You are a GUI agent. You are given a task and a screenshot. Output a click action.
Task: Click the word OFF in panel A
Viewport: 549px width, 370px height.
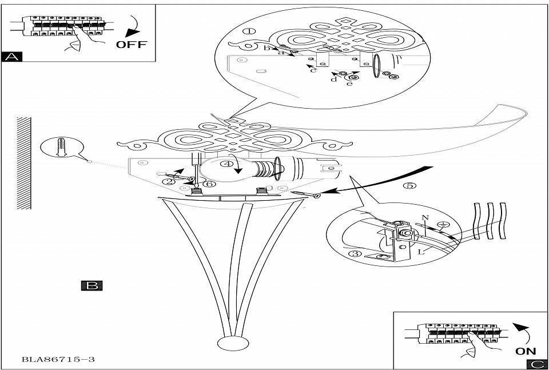click(x=132, y=44)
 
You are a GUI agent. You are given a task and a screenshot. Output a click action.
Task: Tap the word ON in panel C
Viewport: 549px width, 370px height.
click(x=526, y=351)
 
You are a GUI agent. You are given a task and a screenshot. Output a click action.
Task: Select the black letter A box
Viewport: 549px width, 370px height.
click(x=12, y=56)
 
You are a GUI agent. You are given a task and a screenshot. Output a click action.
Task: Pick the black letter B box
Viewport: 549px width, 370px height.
click(x=91, y=285)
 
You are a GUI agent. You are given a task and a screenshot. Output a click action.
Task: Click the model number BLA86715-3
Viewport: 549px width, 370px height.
click(x=58, y=360)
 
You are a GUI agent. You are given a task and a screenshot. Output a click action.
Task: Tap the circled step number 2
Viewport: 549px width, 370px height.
click(x=168, y=181)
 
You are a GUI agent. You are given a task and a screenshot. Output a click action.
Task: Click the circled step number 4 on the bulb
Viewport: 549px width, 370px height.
click(x=227, y=164)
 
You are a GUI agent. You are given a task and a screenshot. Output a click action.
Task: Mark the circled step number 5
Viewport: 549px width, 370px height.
click(x=408, y=186)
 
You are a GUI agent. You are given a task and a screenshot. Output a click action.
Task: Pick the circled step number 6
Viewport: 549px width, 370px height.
click(x=209, y=184)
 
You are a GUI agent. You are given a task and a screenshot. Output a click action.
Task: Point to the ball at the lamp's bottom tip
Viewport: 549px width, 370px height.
click(x=231, y=344)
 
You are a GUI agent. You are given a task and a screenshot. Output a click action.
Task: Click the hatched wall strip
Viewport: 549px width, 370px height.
click(x=23, y=163)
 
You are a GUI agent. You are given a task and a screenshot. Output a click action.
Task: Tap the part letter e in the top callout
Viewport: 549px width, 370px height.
click(x=348, y=84)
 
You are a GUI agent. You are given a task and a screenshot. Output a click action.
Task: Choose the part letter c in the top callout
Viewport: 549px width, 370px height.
click(x=313, y=70)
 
